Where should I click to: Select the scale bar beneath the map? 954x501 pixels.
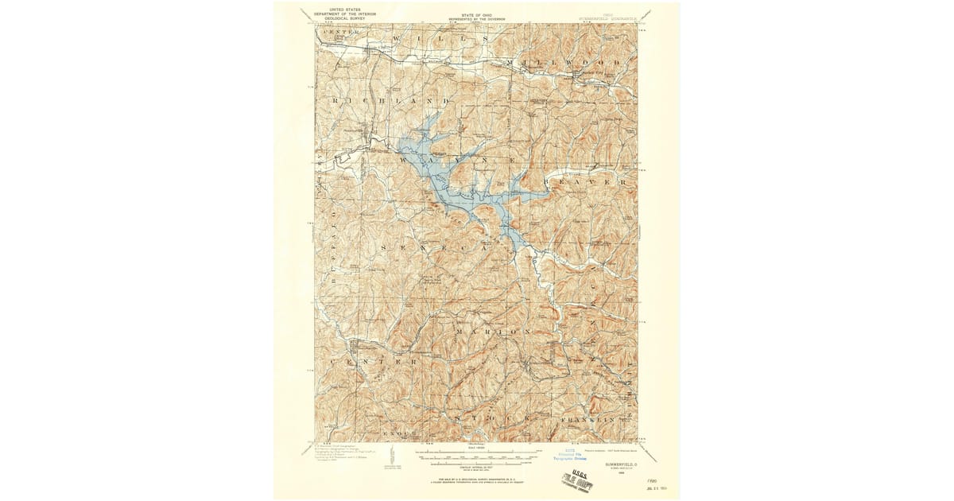click(477, 456)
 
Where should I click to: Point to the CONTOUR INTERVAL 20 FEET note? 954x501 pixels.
click(477, 467)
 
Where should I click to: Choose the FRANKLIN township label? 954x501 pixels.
click(587, 418)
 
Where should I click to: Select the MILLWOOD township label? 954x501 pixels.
click(568, 61)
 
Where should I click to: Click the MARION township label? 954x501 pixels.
click(493, 331)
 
